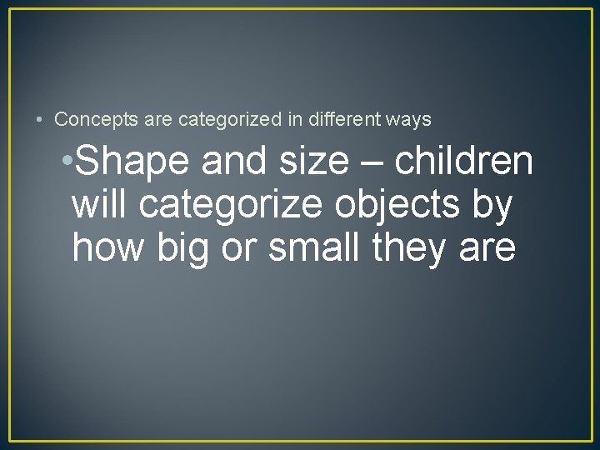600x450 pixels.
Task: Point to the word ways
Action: click(x=408, y=120)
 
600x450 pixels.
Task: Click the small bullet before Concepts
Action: click(x=39, y=120)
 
